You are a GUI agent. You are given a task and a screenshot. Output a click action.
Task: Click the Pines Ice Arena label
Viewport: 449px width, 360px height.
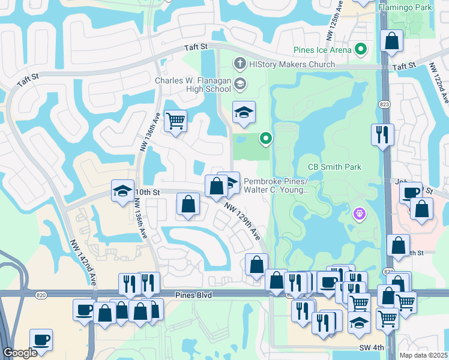coord(322,49)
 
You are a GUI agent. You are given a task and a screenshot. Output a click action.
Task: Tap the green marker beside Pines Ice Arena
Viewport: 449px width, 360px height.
coord(361,49)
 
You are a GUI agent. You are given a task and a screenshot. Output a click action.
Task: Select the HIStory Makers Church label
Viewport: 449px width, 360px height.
coord(292,64)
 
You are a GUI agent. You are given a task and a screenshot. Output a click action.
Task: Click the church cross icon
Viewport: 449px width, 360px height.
coord(240,62)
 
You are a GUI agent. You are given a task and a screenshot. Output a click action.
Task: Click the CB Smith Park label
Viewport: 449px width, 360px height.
coord(334,167)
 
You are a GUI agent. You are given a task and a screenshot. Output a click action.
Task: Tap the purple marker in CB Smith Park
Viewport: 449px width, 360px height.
coord(360,213)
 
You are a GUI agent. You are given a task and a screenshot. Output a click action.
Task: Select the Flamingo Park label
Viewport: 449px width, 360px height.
coord(405,8)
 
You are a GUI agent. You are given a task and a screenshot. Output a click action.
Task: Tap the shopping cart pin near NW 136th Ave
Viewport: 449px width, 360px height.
coord(175,121)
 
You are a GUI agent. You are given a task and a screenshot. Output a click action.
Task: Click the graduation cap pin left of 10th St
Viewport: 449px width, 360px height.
coord(122,192)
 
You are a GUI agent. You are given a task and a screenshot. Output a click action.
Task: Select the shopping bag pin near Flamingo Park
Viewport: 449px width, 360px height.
coord(391,42)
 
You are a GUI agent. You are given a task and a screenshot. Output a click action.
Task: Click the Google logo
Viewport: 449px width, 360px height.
coord(20,353)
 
